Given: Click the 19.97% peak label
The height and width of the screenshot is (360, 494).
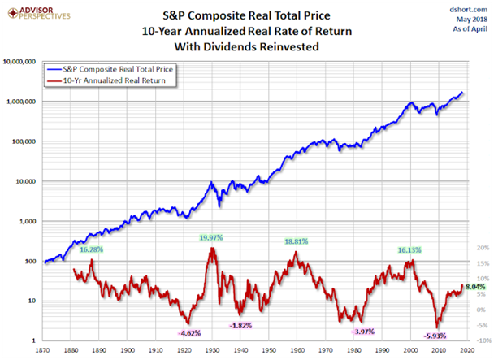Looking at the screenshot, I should [210, 237].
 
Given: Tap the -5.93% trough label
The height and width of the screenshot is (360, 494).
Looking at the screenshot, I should [435, 335].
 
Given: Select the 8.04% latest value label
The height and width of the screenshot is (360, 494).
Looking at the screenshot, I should [475, 287].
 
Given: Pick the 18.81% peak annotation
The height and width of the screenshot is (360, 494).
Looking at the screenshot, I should [296, 242].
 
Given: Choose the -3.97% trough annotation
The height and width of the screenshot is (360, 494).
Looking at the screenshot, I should [363, 332].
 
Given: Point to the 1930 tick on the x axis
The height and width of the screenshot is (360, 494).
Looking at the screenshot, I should [213, 350].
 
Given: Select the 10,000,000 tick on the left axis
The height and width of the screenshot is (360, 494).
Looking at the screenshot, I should [20, 62].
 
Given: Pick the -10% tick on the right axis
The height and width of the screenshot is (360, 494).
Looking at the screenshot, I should [482, 340].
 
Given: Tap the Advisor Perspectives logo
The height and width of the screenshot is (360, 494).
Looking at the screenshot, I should [37, 12].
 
